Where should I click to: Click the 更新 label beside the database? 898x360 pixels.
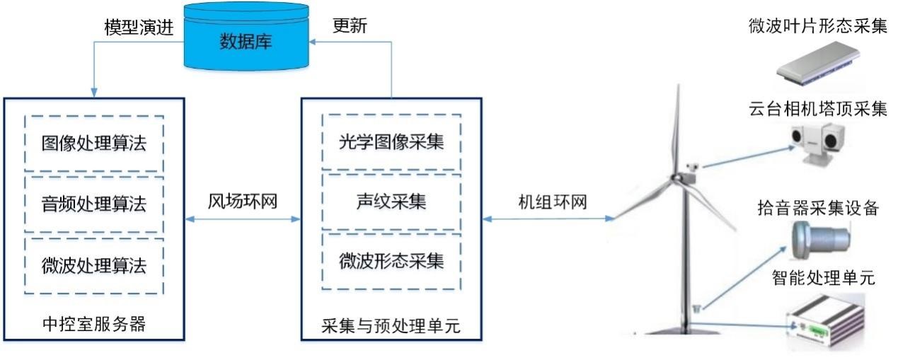click(x=350, y=25)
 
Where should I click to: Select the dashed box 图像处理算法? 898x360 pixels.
click(x=93, y=144)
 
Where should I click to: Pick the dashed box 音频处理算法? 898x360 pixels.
click(x=93, y=204)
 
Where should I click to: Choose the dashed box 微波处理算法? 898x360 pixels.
click(x=93, y=266)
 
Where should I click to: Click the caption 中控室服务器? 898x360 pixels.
click(x=93, y=325)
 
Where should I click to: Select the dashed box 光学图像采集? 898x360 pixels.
click(x=391, y=142)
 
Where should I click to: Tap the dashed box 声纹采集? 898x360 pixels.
click(x=391, y=203)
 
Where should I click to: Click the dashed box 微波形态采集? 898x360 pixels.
click(x=391, y=261)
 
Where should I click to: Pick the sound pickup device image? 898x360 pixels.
click(x=821, y=237)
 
